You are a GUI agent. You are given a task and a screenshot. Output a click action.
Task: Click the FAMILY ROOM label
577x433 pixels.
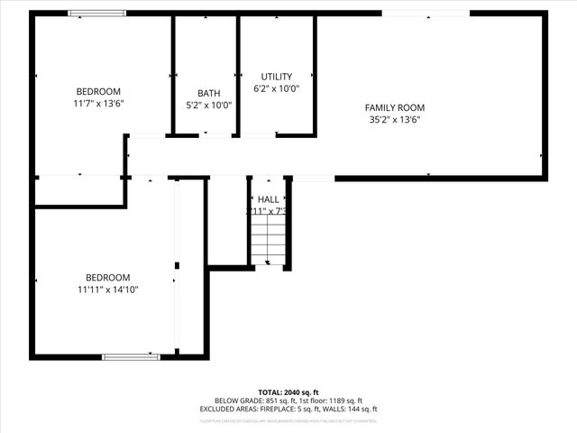click(x=395, y=106)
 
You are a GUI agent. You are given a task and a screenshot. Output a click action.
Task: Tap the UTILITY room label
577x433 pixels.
click(x=277, y=77)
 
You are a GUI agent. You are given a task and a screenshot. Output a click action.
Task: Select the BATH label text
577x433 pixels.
click(x=209, y=93)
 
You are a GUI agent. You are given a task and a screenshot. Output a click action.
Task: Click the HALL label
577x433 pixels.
click(x=269, y=199)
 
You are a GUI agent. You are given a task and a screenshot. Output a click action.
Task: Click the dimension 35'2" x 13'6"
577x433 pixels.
click(x=395, y=119)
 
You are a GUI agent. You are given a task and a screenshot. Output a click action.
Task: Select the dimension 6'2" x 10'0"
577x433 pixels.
click(x=277, y=89)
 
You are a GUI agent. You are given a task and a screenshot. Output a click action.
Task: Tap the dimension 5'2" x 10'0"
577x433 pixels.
click(x=209, y=105)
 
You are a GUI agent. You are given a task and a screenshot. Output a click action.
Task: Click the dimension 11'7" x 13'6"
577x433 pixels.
click(x=98, y=103)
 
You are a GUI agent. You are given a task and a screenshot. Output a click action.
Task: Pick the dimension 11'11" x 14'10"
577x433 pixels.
click(x=108, y=289)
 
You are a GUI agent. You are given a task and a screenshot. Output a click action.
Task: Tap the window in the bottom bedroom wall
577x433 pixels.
click(x=131, y=356)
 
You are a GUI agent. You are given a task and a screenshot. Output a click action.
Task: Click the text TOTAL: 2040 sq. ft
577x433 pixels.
click(x=288, y=392)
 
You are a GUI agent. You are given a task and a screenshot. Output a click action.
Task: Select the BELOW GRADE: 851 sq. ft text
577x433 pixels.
click(x=250, y=401)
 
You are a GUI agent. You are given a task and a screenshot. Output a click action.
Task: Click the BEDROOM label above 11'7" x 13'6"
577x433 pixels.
click(x=98, y=91)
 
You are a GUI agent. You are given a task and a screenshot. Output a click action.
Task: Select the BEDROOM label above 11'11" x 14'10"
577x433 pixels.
click(x=108, y=277)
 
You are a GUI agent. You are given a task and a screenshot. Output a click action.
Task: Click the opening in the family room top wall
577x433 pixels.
click(x=426, y=14)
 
